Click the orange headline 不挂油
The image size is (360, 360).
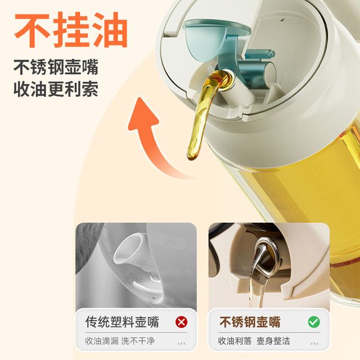pos(71,30)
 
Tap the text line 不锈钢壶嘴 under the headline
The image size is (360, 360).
pos(56,67)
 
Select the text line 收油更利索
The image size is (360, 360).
pos(56,89)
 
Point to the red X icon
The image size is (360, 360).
pos(181,322)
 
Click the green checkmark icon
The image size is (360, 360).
pos(314,322)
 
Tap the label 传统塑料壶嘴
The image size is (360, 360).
pos(122,322)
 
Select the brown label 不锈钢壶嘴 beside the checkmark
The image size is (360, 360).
pos(250,322)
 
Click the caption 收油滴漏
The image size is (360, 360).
pos(102,341)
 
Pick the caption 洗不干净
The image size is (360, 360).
pos(138,341)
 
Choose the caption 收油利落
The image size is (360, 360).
pos(235,341)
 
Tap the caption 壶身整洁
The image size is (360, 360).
pos(273,341)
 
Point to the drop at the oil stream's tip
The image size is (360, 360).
pos(192,155)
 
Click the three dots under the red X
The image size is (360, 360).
pos(181,344)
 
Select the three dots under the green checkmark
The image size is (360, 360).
pos(314,344)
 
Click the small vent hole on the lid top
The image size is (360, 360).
pos(282,20)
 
